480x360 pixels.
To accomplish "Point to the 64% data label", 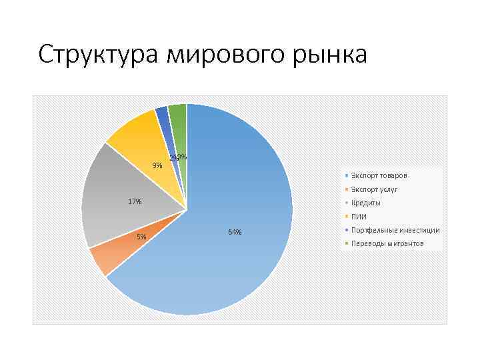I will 235,232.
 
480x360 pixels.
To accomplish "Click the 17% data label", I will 135,201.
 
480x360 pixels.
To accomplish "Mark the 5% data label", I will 141,237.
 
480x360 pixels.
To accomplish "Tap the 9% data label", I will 157,165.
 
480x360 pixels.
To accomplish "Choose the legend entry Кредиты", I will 366,203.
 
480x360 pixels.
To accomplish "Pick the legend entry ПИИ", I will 359,217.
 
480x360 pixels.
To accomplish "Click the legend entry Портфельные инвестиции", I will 395,230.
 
